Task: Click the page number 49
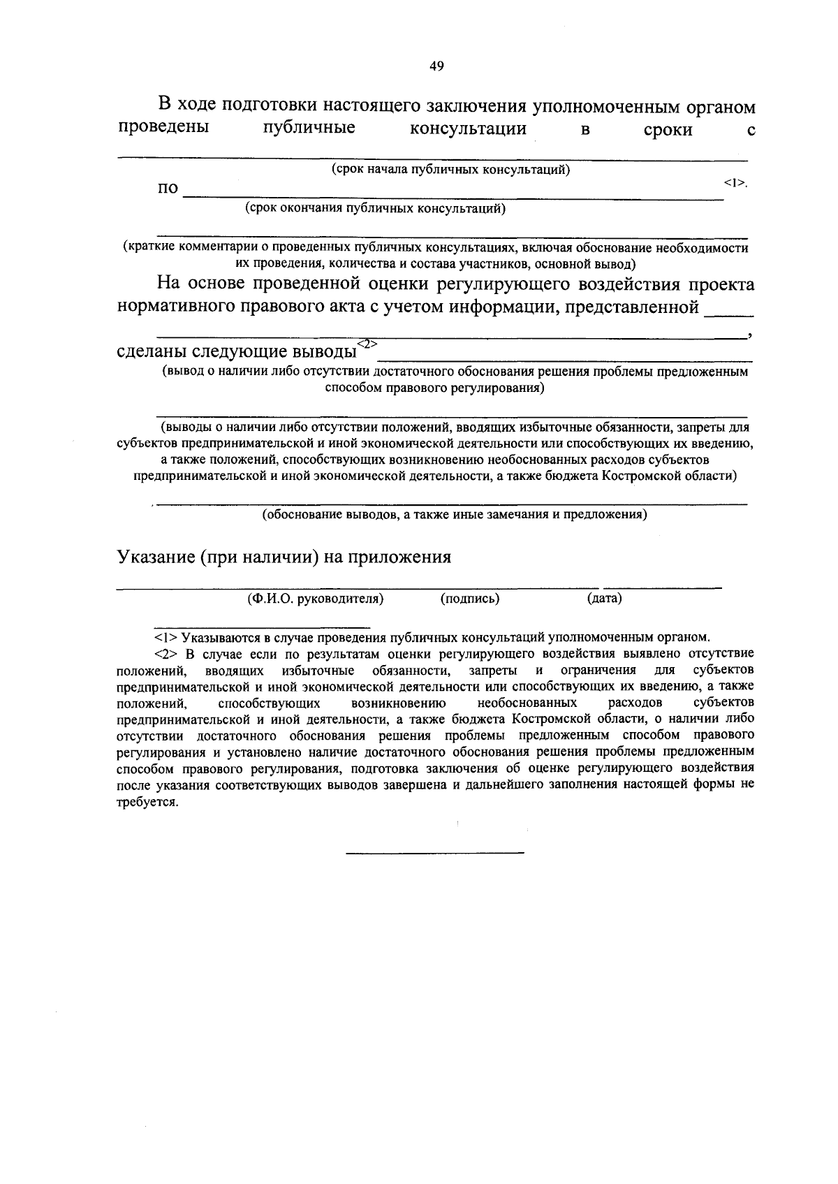436,66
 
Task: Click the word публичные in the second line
309,129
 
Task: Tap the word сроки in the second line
668,130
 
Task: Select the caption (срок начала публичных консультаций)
451,170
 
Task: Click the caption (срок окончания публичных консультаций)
375,208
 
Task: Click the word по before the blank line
168,189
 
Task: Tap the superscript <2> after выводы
367,343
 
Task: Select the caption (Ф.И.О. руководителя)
316,599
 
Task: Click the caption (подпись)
470,599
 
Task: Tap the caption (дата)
605,599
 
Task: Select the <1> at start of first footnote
166,637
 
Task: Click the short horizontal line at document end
435,853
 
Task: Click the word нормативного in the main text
177,307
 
